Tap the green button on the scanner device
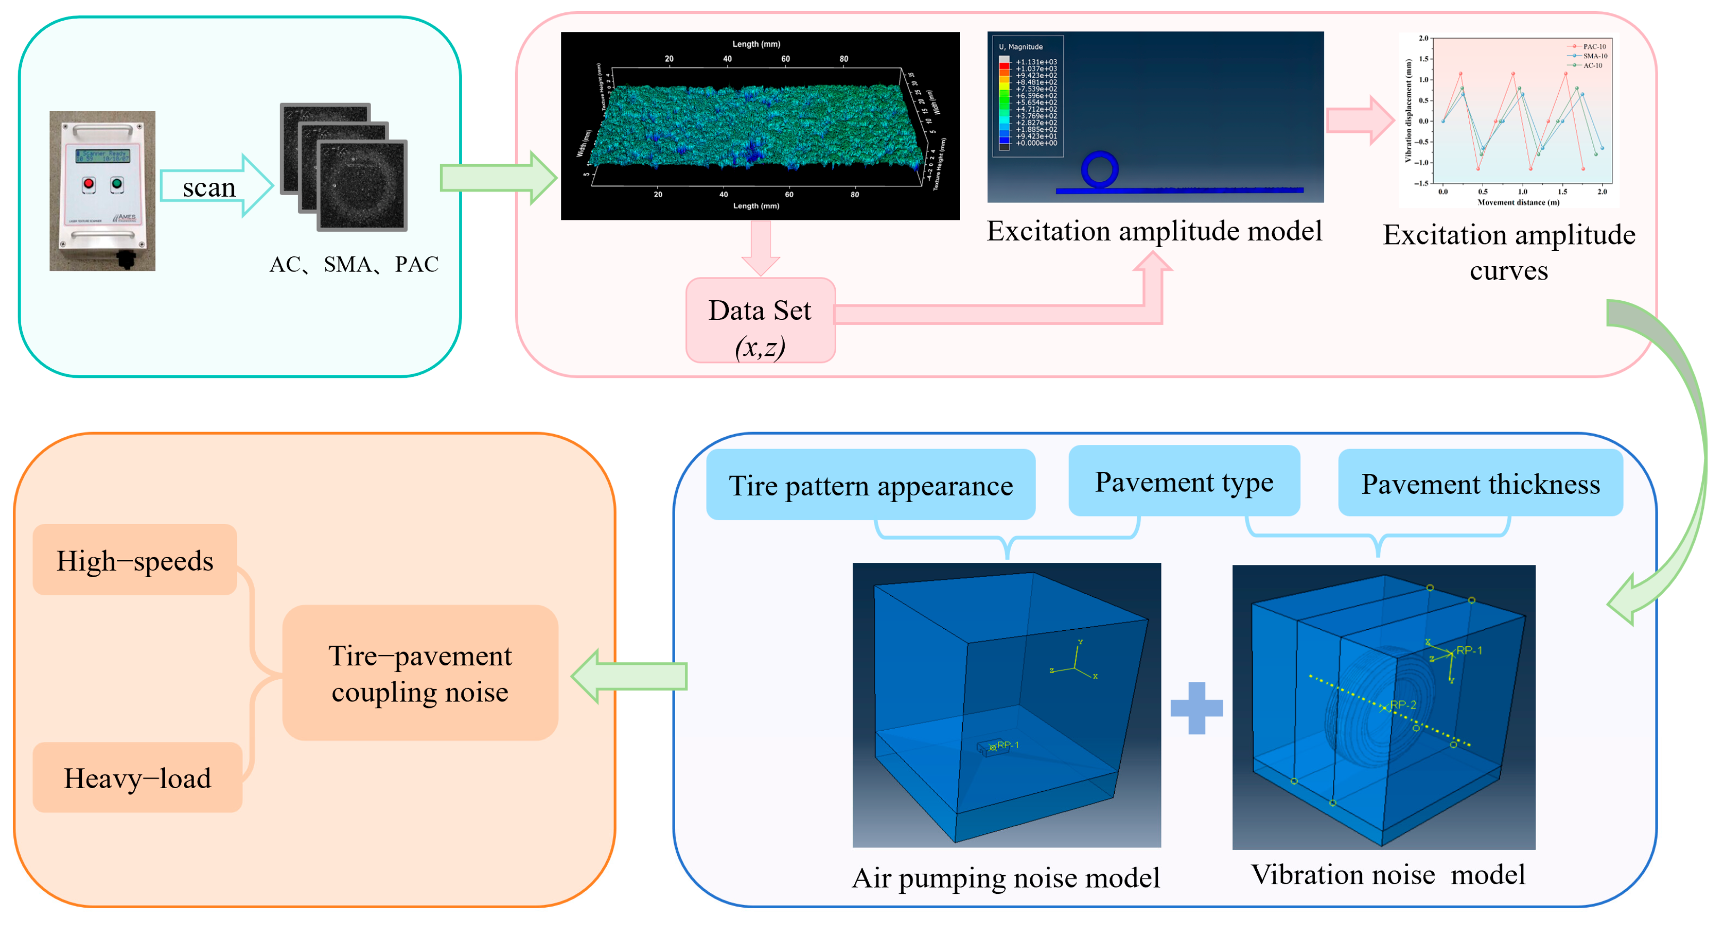click(117, 183)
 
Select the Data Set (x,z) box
click(761, 321)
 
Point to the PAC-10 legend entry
click(1592, 47)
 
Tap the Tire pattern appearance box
click(870, 485)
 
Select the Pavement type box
click(1183, 481)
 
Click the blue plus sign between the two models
click(1197, 708)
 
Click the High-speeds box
click(135, 560)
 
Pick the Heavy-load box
click(137, 777)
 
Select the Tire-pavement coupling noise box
click(420, 673)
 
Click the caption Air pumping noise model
click(1005, 877)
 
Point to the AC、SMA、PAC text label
click(354, 264)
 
